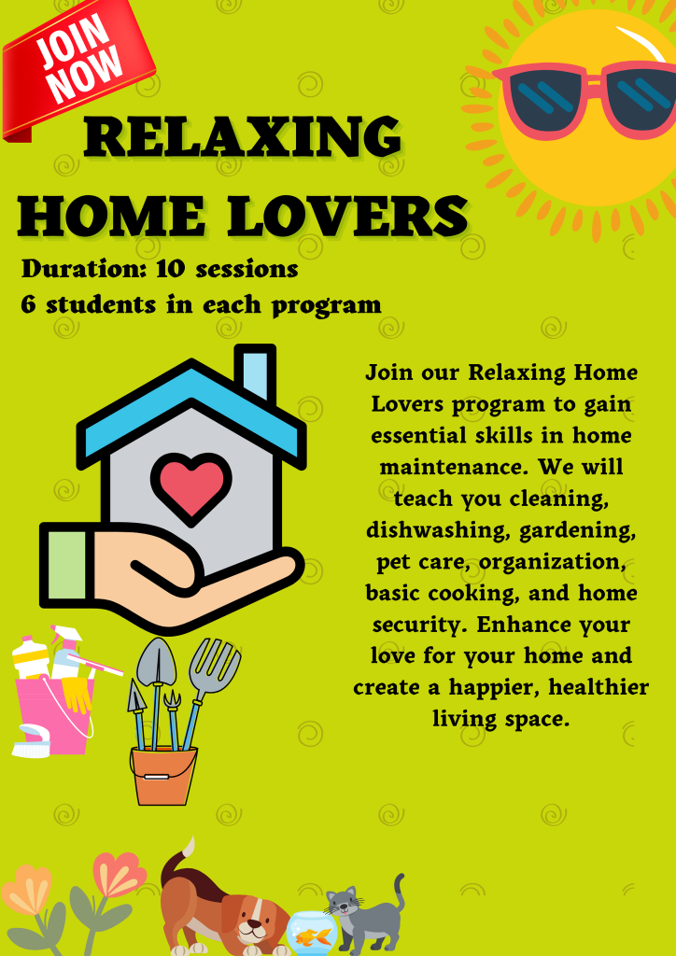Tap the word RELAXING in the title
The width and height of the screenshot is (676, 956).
pyautogui.click(x=243, y=138)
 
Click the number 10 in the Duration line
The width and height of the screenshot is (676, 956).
pyautogui.click(x=170, y=268)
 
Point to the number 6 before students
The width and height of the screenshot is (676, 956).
pyautogui.click(x=29, y=304)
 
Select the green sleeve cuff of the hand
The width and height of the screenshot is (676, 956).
pyautogui.click(x=67, y=565)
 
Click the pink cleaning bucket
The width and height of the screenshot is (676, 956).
pyautogui.click(x=55, y=713)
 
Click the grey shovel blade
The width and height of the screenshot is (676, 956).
pyautogui.click(x=156, y=662)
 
